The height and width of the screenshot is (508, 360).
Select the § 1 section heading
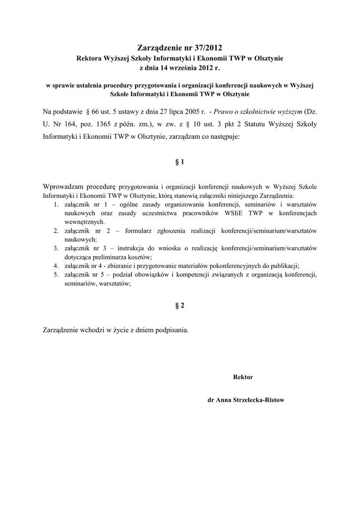pyautogui.click(x=180, y=162)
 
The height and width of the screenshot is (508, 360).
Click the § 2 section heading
pyautogui.click(x=180, y=306)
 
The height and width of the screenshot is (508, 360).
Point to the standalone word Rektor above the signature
pyautogui.click(x=243, y=377)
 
